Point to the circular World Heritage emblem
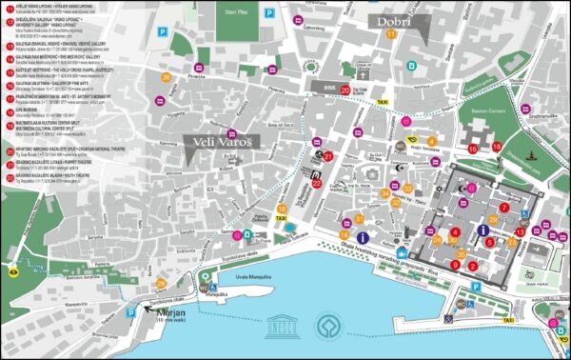(329, 324)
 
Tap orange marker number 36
(167, 78)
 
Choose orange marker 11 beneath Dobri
(392, 34)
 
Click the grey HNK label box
(330, 86)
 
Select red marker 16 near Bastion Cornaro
(473, 149)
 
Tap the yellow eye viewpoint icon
(13, 270)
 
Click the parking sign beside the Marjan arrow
(129, 312)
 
